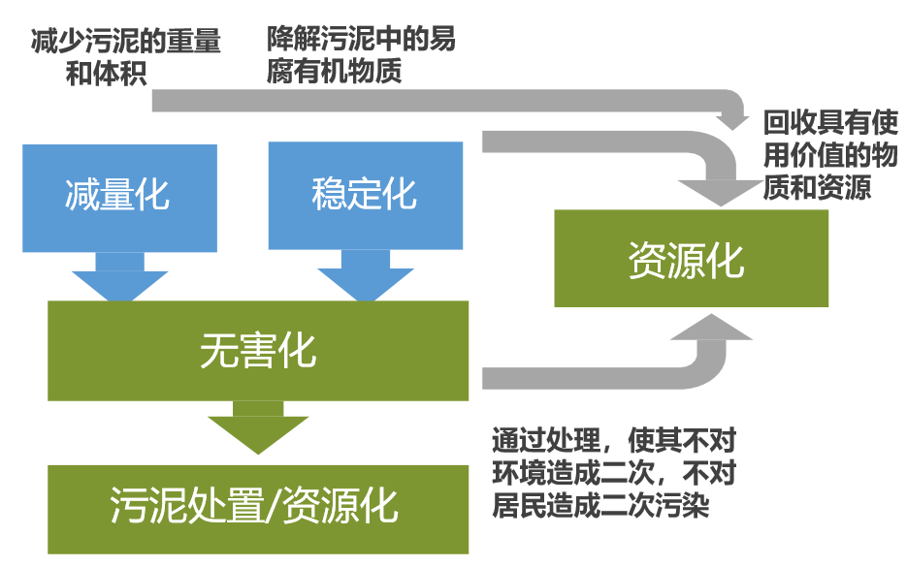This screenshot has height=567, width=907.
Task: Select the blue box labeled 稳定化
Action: pos(365,196)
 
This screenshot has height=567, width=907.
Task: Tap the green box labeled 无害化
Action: pos(257,350)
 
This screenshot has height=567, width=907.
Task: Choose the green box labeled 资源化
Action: pos(691,259)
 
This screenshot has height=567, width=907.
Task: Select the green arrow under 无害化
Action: pos(257,428)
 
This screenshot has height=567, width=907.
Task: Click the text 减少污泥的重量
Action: pos(126,42)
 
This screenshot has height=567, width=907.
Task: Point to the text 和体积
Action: pos(108,73)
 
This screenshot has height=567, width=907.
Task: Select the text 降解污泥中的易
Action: pos(361,41)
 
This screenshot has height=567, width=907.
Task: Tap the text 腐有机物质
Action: pos(335,73)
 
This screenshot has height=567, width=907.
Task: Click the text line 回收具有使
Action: pos(830,123)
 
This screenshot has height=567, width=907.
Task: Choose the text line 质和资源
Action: pos(817,187)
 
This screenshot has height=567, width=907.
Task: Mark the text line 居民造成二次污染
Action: pos(601,507)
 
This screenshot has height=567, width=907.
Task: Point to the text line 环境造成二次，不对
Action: pos(614,474)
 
